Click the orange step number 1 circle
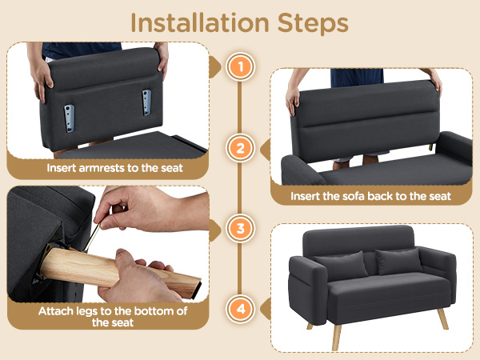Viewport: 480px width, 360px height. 240,66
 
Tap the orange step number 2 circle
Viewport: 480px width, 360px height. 240,148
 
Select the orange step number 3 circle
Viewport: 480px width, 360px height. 240,228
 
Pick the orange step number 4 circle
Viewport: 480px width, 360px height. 240,309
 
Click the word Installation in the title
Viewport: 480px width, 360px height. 200,22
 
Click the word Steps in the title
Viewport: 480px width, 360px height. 313,24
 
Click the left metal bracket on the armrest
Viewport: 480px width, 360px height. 70,118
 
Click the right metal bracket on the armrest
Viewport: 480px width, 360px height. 146,102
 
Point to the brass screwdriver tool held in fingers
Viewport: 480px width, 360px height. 92,238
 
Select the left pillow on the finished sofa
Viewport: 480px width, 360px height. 342,265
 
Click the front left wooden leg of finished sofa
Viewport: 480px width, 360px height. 337,338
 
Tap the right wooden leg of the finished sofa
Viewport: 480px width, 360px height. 442,318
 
